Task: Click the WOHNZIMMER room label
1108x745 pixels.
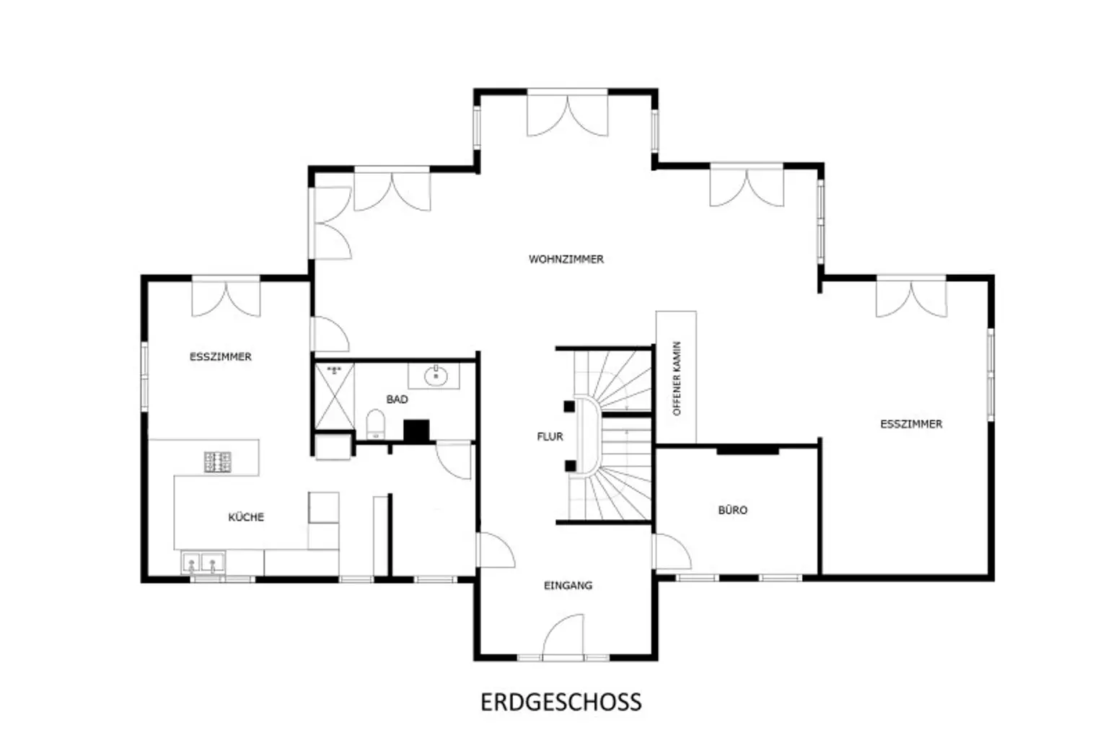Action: (x=566, y=259)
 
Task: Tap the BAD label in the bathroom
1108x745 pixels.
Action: (x=397, y=399)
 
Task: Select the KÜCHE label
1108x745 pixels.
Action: (x=246, y=517)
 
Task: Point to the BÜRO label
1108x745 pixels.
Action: (x=732, y=510)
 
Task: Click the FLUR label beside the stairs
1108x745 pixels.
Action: (x=550, y=436)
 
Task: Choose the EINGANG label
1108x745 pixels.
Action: (x=568, y=586)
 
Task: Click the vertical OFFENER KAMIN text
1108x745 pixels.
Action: (x=677, y=378)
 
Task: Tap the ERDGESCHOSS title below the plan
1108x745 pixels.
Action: (x=560, y=702)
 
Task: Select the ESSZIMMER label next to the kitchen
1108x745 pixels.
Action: (x=220, y=356)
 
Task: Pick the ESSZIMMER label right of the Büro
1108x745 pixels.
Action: (x=911, y=424)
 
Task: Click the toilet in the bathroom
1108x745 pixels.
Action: (x=375, y=423)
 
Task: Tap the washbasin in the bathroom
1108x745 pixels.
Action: (x=435, y=375)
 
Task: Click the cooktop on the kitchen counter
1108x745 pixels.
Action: (x=217, y=462)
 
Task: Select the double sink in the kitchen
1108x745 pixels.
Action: (x=203, y=562)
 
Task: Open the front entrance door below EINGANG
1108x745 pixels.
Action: (x=563, y=638)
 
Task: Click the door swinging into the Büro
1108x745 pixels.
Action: (x=671, y=552)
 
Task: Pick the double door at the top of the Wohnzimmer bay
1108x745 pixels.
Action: (x=567, y=113)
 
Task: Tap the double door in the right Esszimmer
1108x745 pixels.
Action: (x=911, y=296)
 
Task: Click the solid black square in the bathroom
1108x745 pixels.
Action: (x=416, y=431)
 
